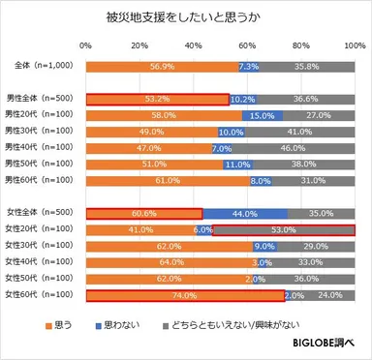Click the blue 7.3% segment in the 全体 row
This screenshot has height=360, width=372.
click(x=248, y=67)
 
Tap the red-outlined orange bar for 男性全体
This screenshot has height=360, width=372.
click(x=157, y=99)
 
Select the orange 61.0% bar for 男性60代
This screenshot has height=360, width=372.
click(x=169, y=180)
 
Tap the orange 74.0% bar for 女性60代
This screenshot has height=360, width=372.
click(x=186, y=295)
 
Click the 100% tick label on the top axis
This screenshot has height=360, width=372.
click(x=356, y=46)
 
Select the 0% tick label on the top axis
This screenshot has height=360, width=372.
click(x=86, y=46)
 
